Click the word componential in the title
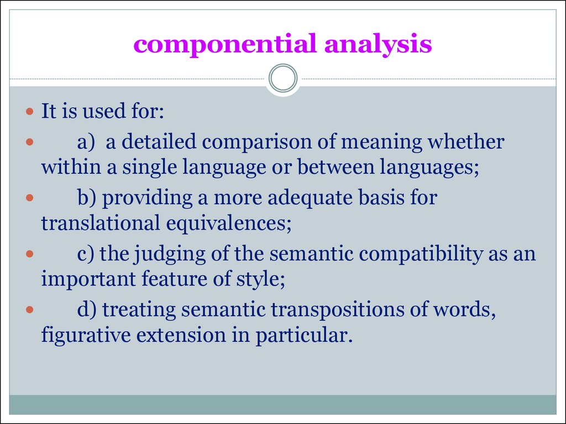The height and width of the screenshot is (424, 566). pos(225,44)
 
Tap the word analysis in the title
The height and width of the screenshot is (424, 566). pos(378,44)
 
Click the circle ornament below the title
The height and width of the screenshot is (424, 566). pos(283,78)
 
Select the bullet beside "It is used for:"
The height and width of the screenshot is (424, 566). pos(30,111)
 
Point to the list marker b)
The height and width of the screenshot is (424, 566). pos(87,198)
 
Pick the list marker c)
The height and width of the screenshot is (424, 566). pos(86,254)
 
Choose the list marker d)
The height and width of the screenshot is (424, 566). pos(87,310)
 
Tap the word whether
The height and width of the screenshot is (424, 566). pos(465,141)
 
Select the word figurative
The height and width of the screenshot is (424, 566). pos(86,336)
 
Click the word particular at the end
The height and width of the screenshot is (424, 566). pos(304,336)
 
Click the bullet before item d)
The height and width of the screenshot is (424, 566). pos(30,310)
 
